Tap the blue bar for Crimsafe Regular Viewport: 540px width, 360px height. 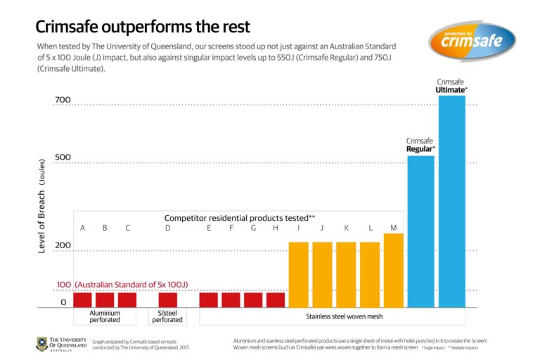coord(420,232)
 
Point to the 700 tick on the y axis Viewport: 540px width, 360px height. coord(63,101)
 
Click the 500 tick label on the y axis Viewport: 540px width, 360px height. coord(63,157)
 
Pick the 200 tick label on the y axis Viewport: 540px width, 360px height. coord(63,246)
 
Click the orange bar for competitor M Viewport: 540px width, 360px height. coord(393,271)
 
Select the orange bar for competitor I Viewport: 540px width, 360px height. coord(299,275)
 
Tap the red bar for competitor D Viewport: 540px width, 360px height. coord(168,300)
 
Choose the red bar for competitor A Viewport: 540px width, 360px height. coord(83,300)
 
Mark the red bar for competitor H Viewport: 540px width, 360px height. coord(276,300)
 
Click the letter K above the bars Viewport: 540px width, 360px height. coord(346,228)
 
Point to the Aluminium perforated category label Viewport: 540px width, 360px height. coord(105,316)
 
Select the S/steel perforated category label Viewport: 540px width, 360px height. coord(167,316)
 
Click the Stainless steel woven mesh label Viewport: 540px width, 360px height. coord(345,316)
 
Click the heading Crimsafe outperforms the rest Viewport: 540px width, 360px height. coord(143,27)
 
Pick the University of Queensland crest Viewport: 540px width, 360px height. coord(43,343)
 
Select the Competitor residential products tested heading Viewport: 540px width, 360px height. coord(239,218)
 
